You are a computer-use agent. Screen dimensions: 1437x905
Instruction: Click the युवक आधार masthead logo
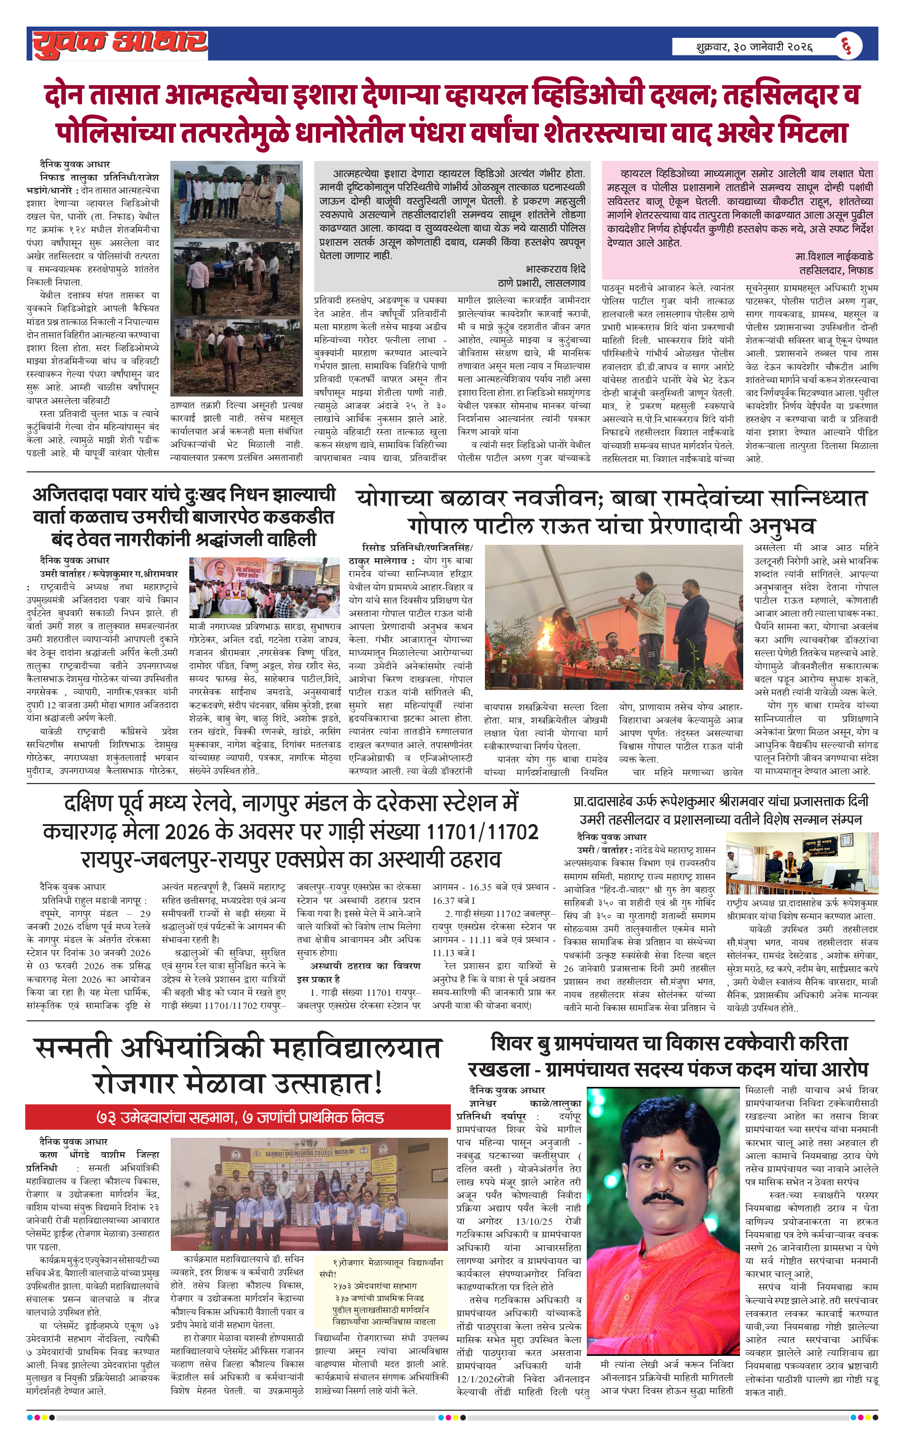[119, 44]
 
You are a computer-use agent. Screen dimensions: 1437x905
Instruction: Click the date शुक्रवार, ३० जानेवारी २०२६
[754, 46]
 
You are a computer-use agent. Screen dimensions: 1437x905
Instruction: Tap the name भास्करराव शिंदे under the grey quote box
[555, 269]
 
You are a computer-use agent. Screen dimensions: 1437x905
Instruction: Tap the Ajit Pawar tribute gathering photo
[265, 588]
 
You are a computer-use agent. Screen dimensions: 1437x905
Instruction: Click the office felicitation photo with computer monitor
[801, 862]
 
